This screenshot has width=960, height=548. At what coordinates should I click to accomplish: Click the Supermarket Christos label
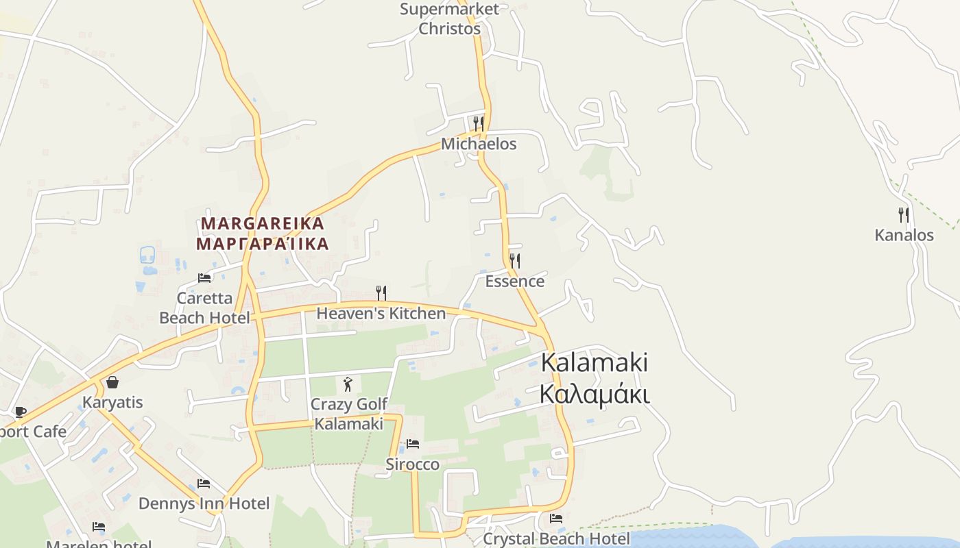pos(450,19)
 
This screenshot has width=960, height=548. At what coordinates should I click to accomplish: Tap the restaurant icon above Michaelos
pos(479,124)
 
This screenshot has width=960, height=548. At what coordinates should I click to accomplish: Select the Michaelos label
pos(479,145)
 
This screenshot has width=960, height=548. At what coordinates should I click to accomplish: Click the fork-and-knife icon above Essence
pos(515,261)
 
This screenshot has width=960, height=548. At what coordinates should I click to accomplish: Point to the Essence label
pos(515,282)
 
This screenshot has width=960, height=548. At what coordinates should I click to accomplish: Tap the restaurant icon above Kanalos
pos(904,215)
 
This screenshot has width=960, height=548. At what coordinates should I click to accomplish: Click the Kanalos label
pos(904,236)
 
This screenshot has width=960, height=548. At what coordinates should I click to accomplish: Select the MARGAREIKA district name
pos(263,224)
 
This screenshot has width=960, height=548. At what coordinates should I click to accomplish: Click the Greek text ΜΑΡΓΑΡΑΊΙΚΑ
pos(263,244)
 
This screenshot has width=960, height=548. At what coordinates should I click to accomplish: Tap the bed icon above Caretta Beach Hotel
pos(204,278)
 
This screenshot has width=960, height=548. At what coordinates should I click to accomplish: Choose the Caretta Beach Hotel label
pos(204,308)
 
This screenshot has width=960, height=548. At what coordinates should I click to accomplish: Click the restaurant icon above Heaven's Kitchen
pos(381,293)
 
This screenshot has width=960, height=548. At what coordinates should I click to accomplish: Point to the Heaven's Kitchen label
pos(381,314)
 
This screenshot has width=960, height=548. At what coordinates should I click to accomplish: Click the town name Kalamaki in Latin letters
pos(595,363)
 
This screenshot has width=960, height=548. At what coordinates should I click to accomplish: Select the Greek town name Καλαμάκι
pos(595,395)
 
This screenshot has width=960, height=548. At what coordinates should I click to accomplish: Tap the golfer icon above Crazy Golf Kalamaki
pos(348,384)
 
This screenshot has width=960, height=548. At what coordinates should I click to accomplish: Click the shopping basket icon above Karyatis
pos(112,382)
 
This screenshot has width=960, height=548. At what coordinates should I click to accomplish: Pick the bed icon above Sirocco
pos(413,444)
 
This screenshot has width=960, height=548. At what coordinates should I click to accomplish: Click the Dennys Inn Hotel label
pos(204,504)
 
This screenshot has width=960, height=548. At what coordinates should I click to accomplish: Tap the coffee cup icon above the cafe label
pos(20,412)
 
